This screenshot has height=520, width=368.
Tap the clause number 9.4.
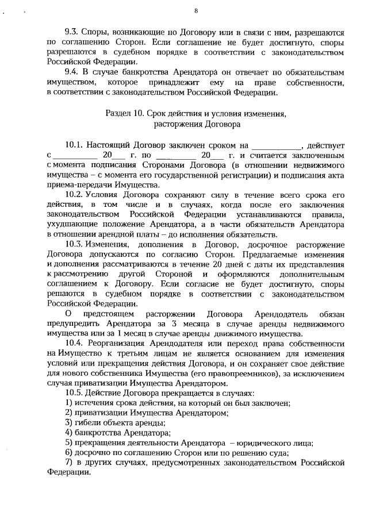tap(71, 72)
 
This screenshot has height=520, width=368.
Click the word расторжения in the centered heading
tap(175, 124)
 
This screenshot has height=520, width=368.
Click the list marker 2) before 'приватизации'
tap(68, 413)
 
